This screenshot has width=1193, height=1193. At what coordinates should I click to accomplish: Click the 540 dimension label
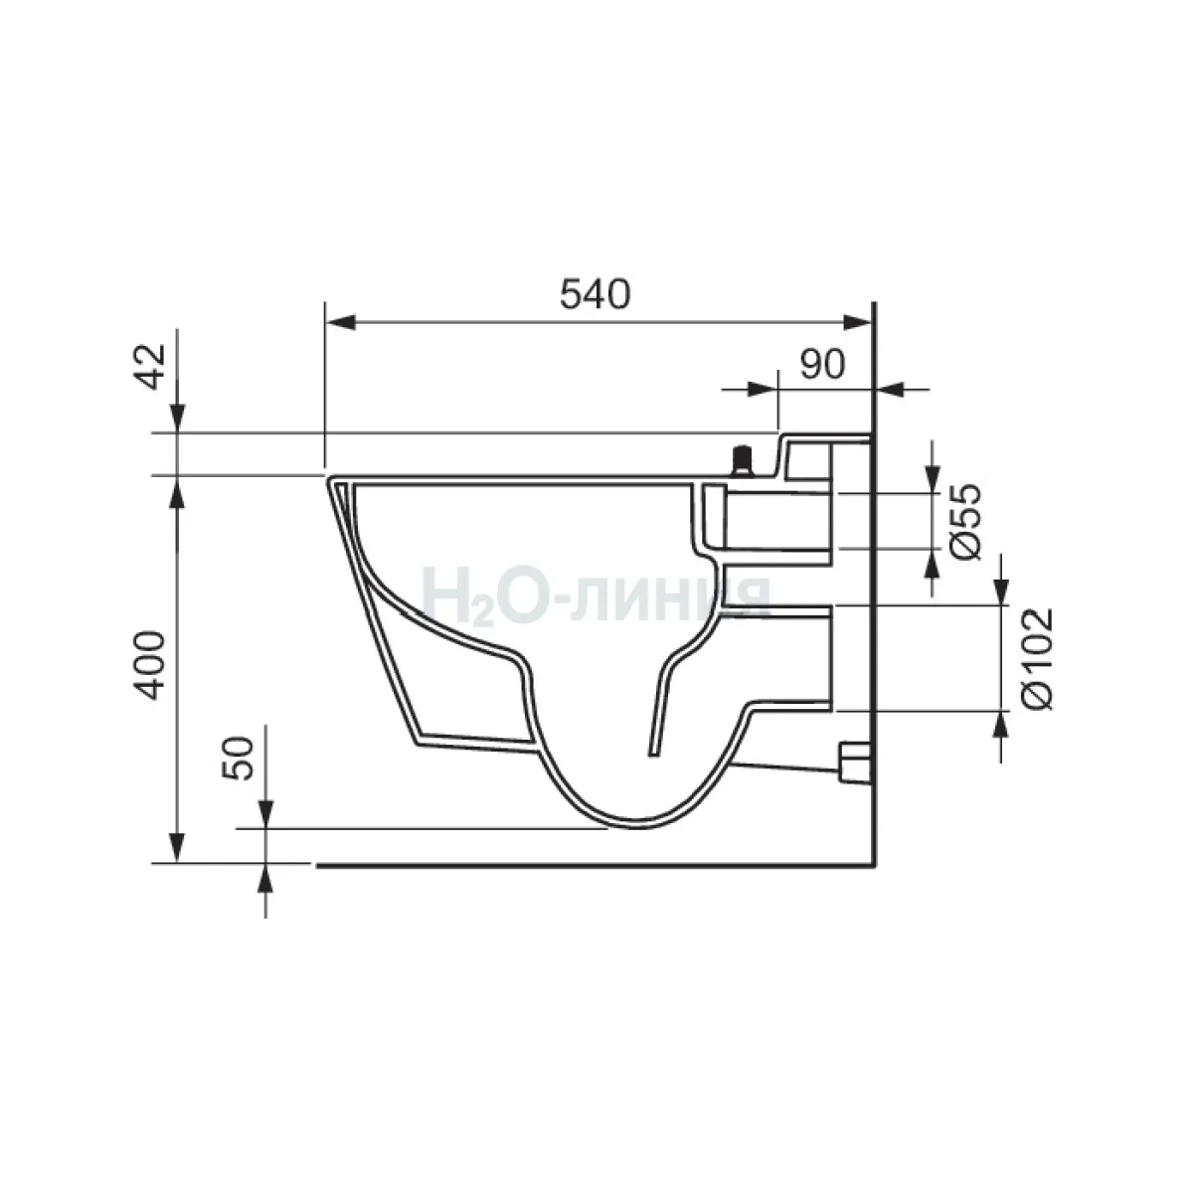coord(595,294)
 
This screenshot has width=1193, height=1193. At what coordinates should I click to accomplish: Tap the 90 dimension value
coord(822,365)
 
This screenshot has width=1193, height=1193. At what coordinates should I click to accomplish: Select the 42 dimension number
coord(151,367)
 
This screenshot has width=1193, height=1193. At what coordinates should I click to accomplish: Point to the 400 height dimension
coord(151,665)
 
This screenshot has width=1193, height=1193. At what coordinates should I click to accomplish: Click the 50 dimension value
coord(239,759)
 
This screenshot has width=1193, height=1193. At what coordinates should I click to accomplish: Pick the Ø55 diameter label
coord(966,521)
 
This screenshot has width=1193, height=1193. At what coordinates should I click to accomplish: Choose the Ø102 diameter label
coord(1038,659)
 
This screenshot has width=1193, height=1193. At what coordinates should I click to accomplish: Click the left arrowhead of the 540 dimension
coord(341,322)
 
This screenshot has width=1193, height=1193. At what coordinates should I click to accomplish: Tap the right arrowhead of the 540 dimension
coord(856,322)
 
